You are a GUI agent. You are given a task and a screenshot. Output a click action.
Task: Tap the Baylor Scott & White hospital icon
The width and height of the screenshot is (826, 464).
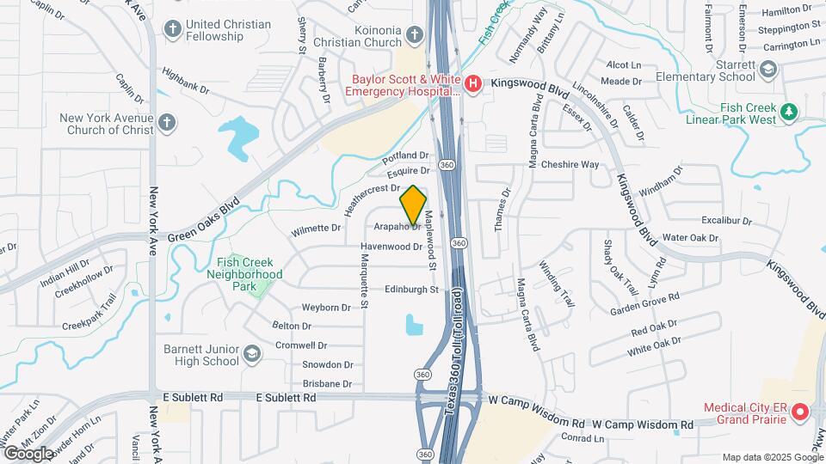(x=472, y=83)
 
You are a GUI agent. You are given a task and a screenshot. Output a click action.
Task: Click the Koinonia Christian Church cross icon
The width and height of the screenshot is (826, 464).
(x=415, y=35)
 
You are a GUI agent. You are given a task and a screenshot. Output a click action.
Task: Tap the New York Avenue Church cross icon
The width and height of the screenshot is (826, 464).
(x=167, y=124)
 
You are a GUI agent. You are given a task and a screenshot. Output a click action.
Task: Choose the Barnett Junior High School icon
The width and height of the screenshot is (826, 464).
(x=252, y=355)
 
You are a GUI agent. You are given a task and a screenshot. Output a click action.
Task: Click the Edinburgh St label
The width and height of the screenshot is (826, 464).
(x=411, y=290)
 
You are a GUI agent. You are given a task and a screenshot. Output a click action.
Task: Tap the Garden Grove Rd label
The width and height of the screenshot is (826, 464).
(x=644, y=303)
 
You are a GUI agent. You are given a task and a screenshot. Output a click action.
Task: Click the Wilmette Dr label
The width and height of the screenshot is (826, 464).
(x=316, y=229)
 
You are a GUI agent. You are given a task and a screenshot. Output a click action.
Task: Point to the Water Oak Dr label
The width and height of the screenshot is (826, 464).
(x=691, y=237)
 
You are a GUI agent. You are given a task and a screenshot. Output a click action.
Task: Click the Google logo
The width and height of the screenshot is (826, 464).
(x=28, y=453)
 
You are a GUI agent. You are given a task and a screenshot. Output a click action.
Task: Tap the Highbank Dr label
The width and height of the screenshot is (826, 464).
(x=185, y=86)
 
